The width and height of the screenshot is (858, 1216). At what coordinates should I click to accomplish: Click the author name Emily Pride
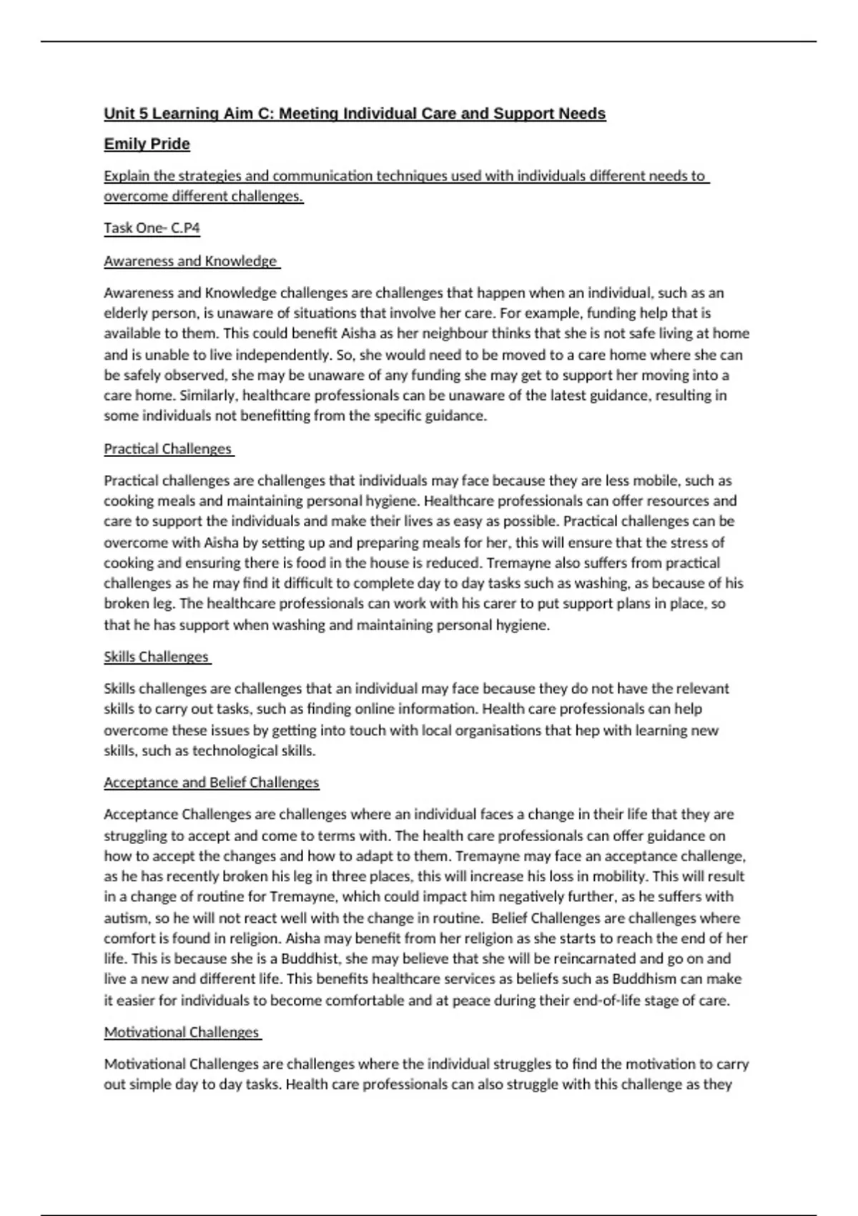tap(147, 144)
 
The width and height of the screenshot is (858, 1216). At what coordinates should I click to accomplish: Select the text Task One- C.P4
tap(152, 228)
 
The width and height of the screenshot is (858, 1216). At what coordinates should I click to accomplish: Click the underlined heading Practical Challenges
tap(168, 448)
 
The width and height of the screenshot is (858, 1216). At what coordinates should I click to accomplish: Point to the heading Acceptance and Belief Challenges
tap(212, 783)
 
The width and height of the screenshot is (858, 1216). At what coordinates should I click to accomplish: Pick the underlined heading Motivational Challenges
tap(182, 1032)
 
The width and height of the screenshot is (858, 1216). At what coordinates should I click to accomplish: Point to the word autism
tap(122, 918)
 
